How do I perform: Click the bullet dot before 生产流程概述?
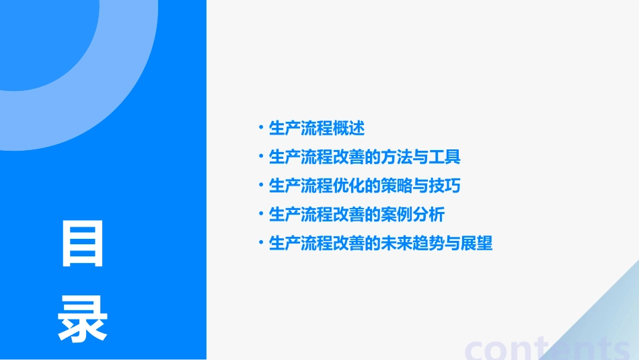(x=260, y=127)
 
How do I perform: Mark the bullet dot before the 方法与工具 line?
(x=260, y=157)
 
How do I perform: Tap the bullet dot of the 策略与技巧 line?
(x=260, y=186)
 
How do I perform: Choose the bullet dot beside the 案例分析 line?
(x=260, y=215)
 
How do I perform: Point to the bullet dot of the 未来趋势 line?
(x=260, y=244)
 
